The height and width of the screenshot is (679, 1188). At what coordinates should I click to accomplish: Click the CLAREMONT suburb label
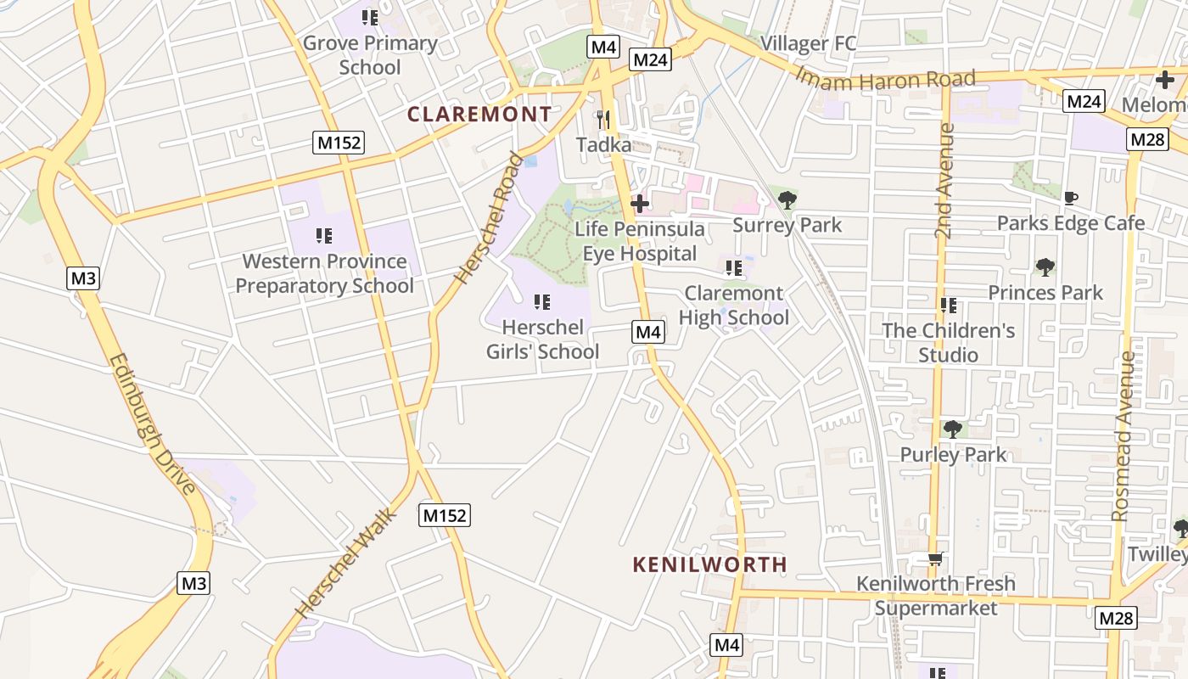479,114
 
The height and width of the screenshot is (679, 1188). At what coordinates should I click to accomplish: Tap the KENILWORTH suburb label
710,564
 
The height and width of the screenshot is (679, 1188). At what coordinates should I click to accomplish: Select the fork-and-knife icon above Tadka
603,119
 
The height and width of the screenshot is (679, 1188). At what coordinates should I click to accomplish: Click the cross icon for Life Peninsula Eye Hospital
640,203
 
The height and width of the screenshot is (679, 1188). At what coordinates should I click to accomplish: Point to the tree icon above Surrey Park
787,200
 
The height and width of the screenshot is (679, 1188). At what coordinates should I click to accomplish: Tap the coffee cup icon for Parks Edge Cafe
1071,198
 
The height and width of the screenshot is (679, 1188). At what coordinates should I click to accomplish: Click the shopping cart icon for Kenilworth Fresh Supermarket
935,558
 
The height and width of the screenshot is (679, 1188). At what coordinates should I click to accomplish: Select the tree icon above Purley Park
953,429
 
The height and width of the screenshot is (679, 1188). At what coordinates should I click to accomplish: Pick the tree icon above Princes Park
1045,267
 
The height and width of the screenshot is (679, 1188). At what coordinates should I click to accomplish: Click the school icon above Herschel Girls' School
542,301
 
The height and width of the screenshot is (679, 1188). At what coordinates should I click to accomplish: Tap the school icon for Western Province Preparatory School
324,235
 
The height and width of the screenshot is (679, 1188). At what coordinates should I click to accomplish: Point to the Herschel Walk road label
346,563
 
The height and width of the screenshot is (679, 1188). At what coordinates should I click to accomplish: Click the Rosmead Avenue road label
1124,435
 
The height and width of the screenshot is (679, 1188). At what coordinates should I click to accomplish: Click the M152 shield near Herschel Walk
445,515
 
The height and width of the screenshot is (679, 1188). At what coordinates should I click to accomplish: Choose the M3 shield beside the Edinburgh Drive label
84,278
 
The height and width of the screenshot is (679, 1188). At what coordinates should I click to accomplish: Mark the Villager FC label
808,43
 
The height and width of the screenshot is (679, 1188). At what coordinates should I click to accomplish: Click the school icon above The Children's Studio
948,306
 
